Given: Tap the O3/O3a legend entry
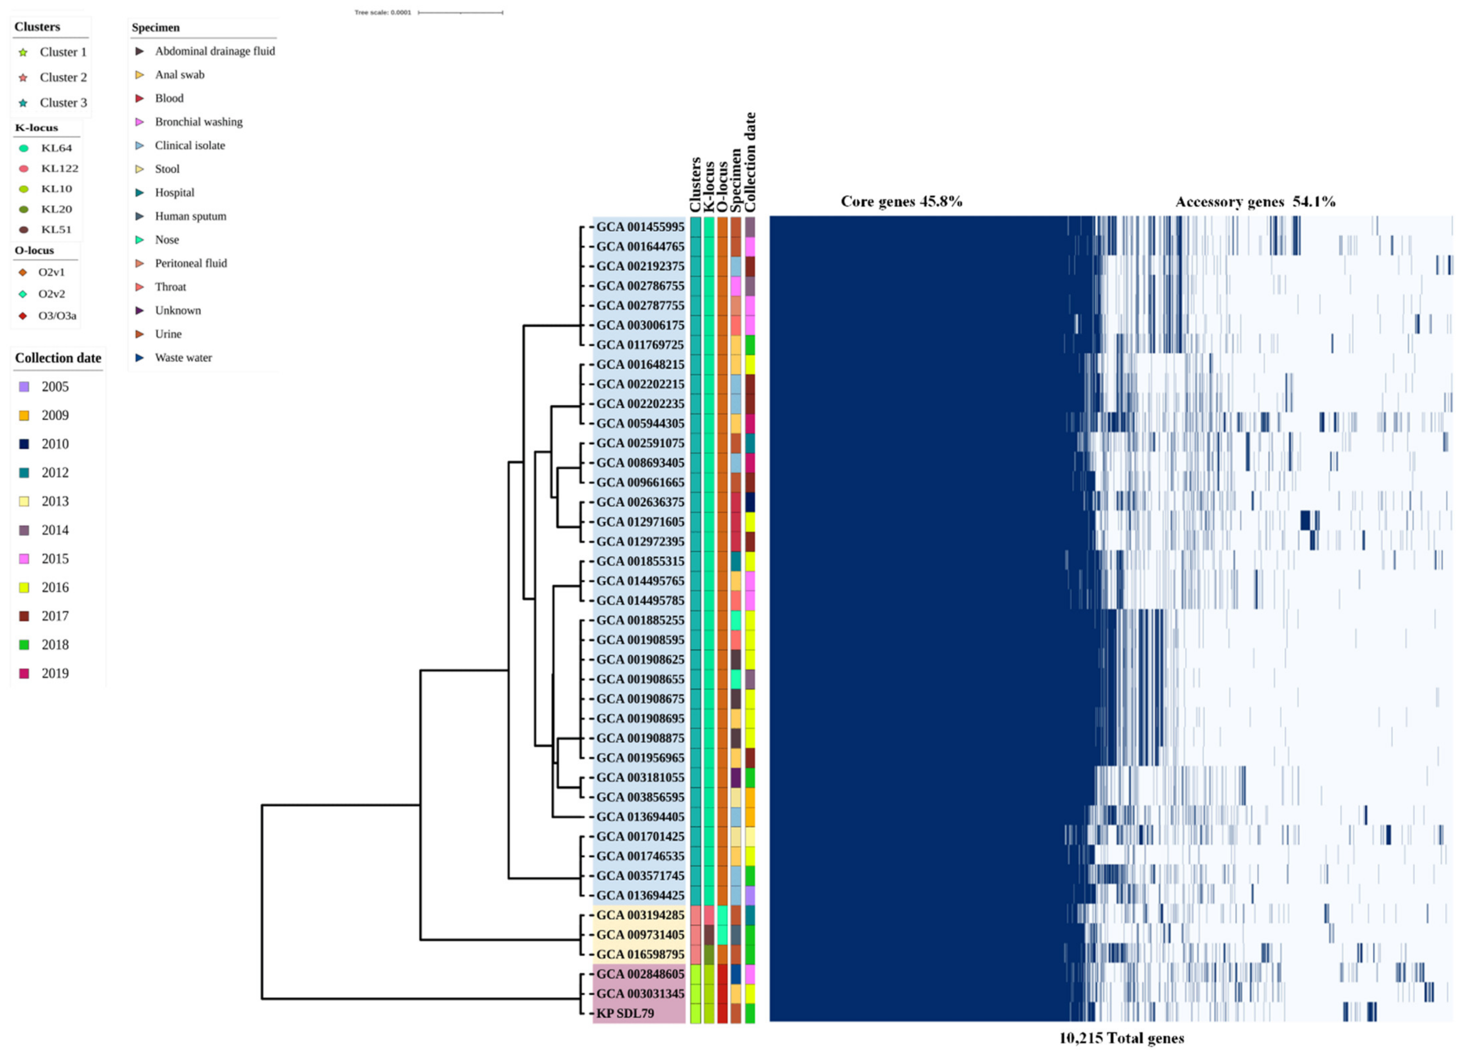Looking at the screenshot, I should pos(48,316).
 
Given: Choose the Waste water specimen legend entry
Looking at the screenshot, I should pos(174,358).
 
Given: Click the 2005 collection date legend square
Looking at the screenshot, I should pos(25,387).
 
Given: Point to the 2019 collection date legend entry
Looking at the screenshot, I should pos(45,673).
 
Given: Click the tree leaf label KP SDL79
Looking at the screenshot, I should pos(625,1013).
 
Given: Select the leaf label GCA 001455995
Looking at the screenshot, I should pos(639,227).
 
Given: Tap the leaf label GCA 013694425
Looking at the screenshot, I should pos(639,895).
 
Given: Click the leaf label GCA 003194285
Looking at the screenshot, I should pos(639,915).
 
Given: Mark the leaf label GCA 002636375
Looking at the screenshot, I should pos(639,502).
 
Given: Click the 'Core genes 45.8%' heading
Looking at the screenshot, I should pos(901,201).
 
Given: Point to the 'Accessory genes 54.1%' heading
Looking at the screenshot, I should pos(1254,202).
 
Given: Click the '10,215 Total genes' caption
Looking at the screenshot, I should pos(1121,1038).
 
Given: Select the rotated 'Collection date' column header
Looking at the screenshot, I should pos(750,163).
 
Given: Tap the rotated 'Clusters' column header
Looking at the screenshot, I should pos(695,185).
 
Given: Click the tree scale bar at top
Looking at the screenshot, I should pos(460,12).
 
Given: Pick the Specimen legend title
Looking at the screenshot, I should pos(156,28).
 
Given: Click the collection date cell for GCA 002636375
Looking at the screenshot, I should pos(750,502).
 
